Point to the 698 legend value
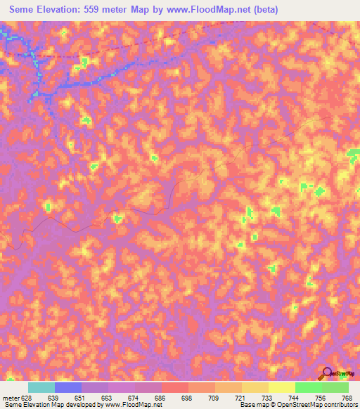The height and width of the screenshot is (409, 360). click(187, 398)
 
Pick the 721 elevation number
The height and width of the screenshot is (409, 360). click(240, 398)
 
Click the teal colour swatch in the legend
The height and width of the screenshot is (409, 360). click(41, 387)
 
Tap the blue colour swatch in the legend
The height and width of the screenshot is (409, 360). click(68, 387)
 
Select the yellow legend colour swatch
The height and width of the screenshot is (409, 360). click(281, 387)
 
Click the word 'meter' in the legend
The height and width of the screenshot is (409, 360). click(11, 398)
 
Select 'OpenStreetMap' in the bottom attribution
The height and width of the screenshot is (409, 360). click(295, 405)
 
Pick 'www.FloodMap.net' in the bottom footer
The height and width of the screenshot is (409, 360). click(128, 405)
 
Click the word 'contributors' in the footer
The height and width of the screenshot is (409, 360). click(337, 405)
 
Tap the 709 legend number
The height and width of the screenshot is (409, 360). click(214, 398)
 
